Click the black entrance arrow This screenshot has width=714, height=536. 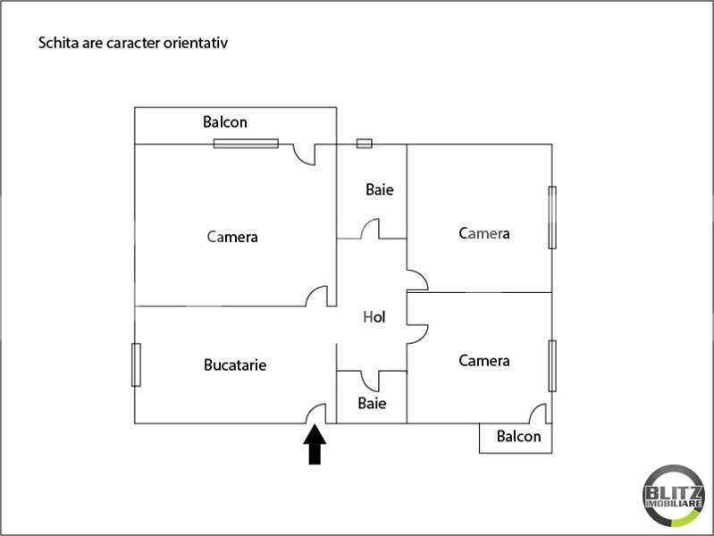[315, 445]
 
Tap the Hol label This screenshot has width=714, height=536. [374, 317]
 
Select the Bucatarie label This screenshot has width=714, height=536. [235, 364]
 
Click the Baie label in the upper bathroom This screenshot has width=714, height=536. [379, 190]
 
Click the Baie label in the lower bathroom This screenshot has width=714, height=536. [372, 403]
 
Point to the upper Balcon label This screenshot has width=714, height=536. [225, 122]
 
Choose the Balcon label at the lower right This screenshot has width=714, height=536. [518, 437]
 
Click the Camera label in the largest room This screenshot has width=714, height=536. [232, 237]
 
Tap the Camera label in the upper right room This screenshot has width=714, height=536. [484, 233]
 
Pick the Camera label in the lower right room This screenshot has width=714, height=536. [484, 361]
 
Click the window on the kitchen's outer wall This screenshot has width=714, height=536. [136, 364]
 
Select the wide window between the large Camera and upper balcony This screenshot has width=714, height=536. [246, 143]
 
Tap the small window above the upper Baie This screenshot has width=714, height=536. [364, 143]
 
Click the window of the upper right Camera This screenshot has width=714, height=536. [552, 217]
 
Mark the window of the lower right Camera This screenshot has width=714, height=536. [552, 365]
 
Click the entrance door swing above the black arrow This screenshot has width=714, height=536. [316, 413]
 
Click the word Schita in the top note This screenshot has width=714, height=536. [55, 42]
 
